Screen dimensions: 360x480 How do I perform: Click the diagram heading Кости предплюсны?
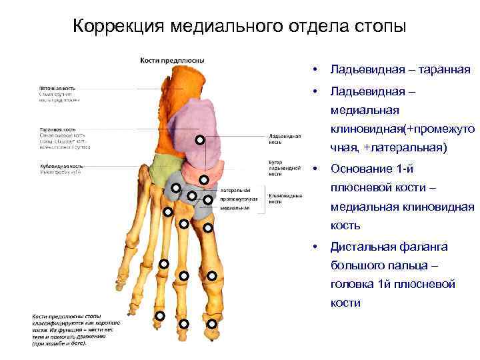point(172,61)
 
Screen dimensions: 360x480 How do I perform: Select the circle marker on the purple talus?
point(199,140)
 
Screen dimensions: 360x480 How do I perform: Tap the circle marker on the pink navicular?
point(204,179)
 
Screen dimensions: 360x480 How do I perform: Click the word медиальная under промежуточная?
point(237,207)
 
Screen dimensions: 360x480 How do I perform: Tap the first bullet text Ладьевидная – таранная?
point(400,69)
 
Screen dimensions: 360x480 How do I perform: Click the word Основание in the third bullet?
point(363,168)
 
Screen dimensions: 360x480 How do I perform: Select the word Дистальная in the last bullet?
point(363,247)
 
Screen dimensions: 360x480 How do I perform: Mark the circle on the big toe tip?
point(211,324)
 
